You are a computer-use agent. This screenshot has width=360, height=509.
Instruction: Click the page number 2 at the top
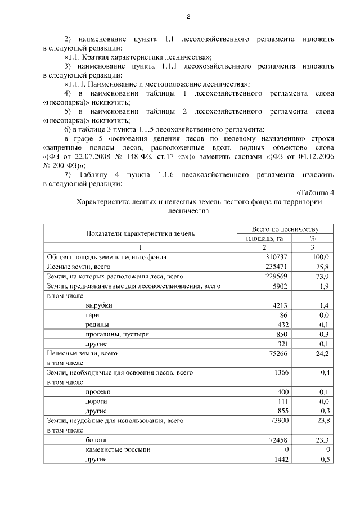pyautogui.click(x=188, y=16)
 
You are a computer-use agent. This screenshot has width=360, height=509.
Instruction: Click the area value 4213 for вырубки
pyautogui.click(x=280, y=305)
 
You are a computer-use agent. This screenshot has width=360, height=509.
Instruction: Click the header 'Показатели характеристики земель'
pyautogui.click(x=141, y=233)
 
